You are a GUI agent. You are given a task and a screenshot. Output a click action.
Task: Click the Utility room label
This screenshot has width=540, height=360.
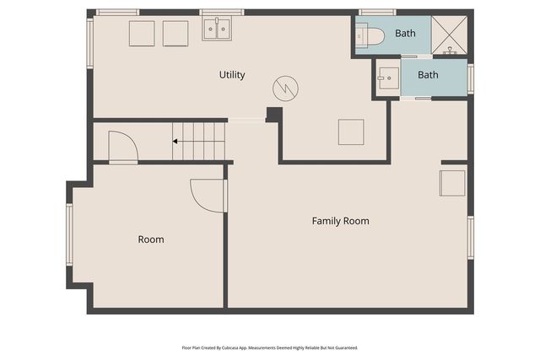click(232, 75)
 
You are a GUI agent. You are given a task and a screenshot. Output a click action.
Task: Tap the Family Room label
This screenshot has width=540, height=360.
click(341, 221)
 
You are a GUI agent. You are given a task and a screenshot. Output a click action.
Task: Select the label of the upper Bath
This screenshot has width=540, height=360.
click(405, 34)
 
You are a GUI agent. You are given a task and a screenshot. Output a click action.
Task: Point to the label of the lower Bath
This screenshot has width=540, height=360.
click(428, 75)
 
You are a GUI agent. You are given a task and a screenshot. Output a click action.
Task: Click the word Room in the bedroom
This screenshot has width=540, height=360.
click(151, 239)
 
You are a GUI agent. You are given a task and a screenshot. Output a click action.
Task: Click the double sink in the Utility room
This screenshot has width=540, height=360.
click(217, 29)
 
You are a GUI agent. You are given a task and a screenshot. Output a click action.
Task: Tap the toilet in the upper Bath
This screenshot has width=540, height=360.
click(370, 35)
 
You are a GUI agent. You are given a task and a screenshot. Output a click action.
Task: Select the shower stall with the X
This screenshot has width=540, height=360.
click(449, 35)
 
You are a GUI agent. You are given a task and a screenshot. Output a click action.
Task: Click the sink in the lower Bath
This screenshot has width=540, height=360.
click(388, 78)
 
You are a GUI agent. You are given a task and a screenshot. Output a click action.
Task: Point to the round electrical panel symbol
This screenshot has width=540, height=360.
click(285, 89)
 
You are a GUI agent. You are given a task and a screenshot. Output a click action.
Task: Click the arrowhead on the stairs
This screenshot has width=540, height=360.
click(175, 141)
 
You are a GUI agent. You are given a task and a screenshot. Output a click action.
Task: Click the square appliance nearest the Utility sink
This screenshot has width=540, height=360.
click(175, 34)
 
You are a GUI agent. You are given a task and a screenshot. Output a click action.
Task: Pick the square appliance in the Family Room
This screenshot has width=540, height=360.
click(452, 183)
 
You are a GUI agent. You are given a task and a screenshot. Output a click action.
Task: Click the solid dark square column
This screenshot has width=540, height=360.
click(274, 115)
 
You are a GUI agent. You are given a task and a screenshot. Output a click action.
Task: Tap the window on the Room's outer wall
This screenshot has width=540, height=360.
click(69, 234)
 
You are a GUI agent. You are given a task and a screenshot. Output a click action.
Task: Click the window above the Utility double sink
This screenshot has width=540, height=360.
click(222, 13)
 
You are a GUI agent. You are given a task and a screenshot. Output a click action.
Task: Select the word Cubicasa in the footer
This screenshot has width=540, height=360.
click(230, 348)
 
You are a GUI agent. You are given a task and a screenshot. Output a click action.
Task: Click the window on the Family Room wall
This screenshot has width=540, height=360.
click(471, 238)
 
